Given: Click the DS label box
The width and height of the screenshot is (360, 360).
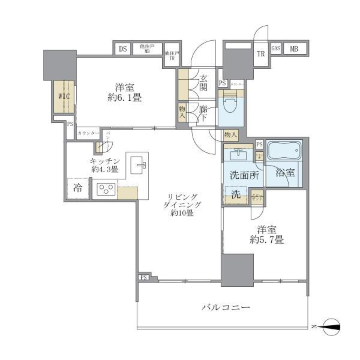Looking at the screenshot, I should click(x=123, y=49).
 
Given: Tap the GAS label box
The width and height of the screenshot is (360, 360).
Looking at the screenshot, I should click(x=276, y=48).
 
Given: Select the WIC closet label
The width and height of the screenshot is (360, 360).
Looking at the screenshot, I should click(x=64, y=96).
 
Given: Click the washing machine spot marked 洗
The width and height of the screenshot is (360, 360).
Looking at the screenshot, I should click(x=235, y=194).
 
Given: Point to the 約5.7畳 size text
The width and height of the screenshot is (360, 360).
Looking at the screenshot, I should click(x=267, y=240).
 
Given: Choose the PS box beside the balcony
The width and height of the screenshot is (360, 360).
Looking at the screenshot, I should click(x=144, y=277).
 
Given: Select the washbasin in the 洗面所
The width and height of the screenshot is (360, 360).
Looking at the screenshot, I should click(x=237, y=153).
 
